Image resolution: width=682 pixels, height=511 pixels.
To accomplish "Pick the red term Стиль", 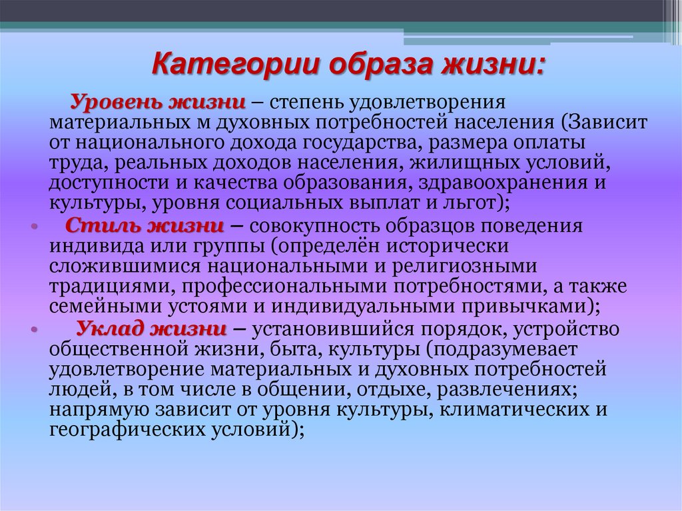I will (101, 225).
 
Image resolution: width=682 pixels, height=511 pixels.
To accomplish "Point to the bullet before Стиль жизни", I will (34, 227).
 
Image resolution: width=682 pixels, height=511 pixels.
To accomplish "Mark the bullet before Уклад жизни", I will (34, 330).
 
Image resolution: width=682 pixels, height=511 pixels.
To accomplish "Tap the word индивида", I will (87, 246).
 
